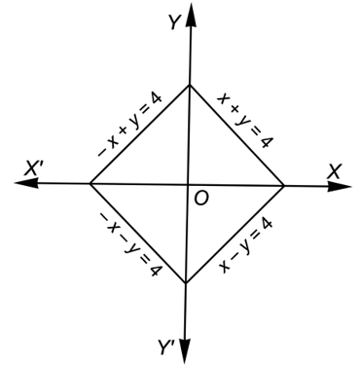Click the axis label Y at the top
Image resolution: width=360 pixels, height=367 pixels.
(174, 22)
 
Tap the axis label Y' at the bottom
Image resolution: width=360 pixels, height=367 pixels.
(167, 347)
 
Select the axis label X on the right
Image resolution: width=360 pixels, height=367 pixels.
(334, 171)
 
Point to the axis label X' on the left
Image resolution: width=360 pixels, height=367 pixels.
(32, 168)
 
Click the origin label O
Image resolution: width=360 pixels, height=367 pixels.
(201, 198)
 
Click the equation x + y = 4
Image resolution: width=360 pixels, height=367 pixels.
(245, 120)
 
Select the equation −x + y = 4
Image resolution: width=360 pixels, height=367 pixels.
(129, 126)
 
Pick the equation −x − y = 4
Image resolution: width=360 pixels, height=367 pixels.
(129, 244)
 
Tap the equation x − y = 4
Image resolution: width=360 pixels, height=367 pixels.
(245, 245)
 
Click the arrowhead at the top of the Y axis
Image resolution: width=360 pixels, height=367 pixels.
(192, 16)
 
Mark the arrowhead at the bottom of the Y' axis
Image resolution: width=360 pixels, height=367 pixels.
(185, 351)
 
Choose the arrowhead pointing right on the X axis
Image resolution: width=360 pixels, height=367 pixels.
(340, 187)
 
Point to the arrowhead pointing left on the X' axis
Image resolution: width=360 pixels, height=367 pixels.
(26, 183)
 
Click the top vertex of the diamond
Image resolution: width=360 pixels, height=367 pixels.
(190, 85)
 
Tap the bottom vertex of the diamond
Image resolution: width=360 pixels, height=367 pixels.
(186, 283)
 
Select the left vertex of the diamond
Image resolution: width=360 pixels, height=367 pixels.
(90, 184)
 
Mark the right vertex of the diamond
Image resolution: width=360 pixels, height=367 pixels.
(284, 186)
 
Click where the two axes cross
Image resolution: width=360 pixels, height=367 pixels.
(188, 185)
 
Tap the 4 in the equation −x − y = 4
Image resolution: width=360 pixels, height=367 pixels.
(154, 269)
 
